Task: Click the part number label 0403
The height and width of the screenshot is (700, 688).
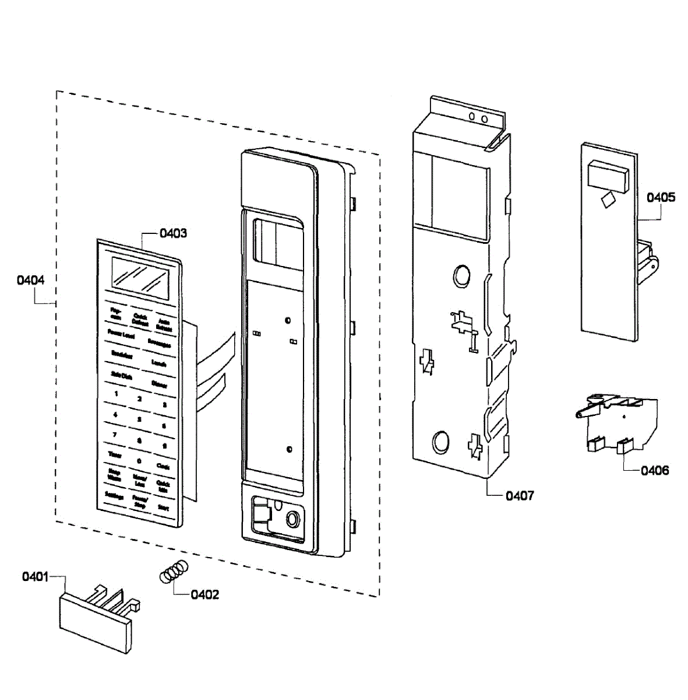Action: tap(174, 233)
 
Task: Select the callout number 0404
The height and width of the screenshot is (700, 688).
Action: tap(30, 280)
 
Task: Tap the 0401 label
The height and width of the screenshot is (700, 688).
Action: tap(35, 577)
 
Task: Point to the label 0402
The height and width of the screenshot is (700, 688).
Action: tap(205, 594)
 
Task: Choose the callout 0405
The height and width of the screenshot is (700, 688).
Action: tap(661, 197)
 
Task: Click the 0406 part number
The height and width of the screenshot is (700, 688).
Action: tap(655, 470)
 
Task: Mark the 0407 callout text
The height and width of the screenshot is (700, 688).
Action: tap(519, 496)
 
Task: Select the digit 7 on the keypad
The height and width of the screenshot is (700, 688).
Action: tap(115, 435)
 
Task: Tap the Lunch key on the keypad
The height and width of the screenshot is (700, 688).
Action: tap(158, 363)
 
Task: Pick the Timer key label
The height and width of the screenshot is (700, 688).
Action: tap(115, 455)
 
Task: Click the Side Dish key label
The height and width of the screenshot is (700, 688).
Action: tap(121, 376)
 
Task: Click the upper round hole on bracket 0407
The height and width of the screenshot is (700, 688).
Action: tap(461, 275)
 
